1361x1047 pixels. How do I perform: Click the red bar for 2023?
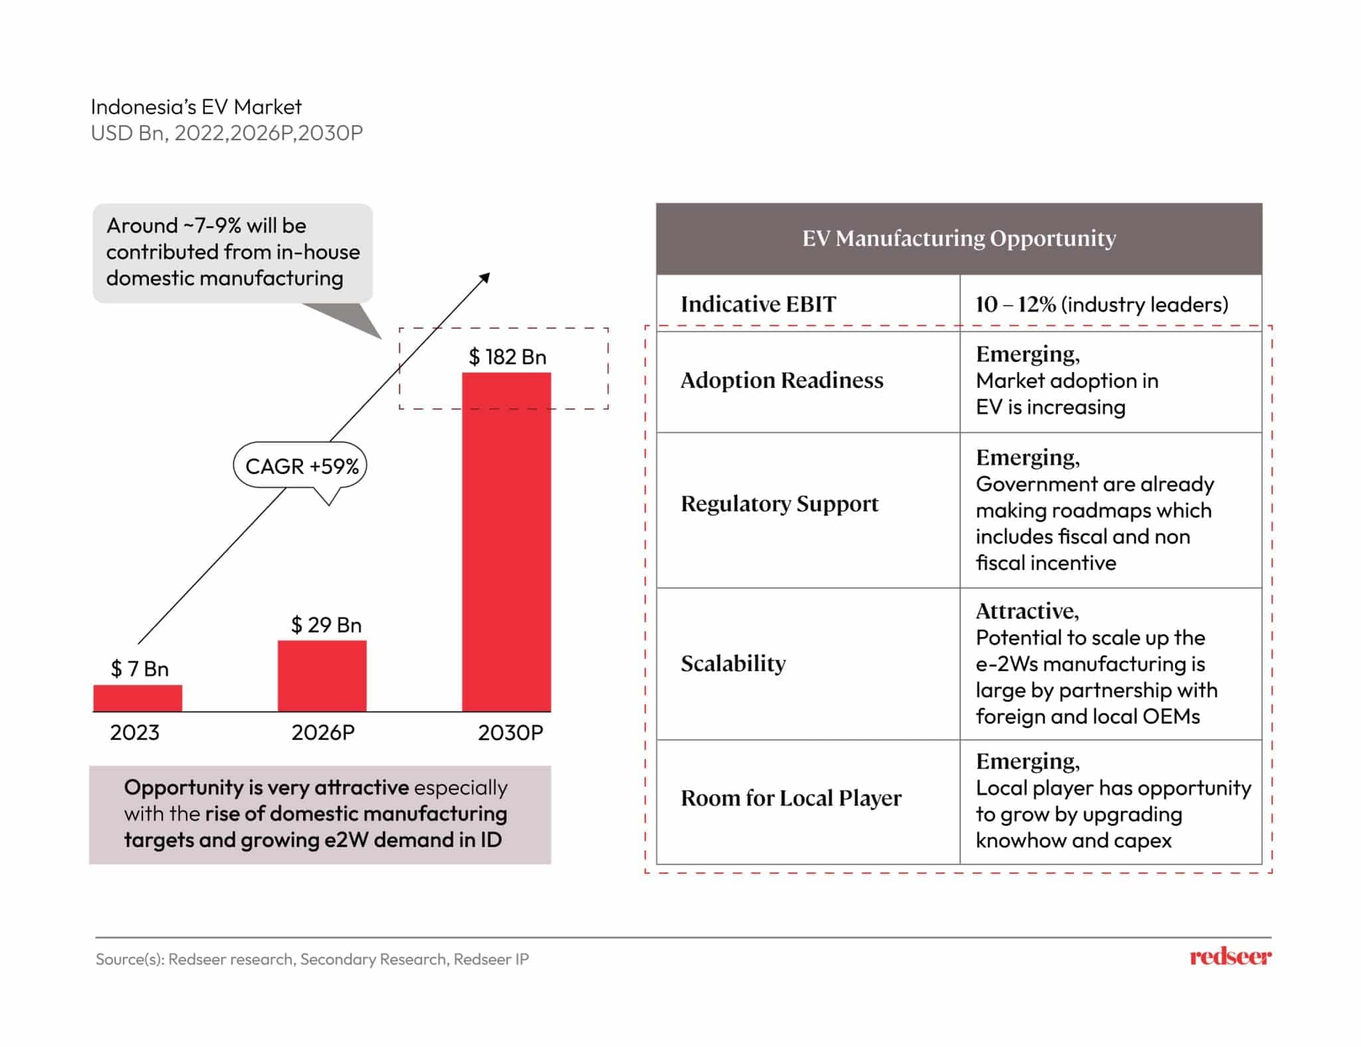[x=138, y=698]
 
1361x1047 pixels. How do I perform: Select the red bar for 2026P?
[x=322, y=676]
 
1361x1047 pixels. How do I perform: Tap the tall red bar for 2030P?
[x=506, y=541]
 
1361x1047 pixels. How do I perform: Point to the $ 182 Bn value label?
[x=507, y=357]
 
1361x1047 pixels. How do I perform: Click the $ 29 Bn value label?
[x=326, y=625]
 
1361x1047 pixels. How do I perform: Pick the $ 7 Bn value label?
[x=140, y=669]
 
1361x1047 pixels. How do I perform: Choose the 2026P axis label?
[x=323, y=733]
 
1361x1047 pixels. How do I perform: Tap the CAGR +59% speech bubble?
[x=300, y=466]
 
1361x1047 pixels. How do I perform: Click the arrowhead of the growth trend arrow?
[x=485, y=277]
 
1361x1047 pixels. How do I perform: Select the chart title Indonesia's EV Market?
[x=196, y=107]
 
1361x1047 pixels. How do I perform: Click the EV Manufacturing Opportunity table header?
[x=958, y=238]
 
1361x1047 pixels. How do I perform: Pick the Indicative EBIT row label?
[x=758, y=304]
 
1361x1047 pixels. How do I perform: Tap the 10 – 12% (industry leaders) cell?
[x=1101, y=304]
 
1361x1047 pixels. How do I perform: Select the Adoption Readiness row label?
[x=782, y=381]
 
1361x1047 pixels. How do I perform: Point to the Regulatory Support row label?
[x=779, y=504]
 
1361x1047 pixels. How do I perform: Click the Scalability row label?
[x=733, y=664]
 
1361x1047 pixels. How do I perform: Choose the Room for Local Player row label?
[x=791, y=798]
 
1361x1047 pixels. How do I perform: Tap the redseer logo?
[x=1230, y=957]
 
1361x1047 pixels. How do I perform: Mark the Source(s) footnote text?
[x=312, y=959]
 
